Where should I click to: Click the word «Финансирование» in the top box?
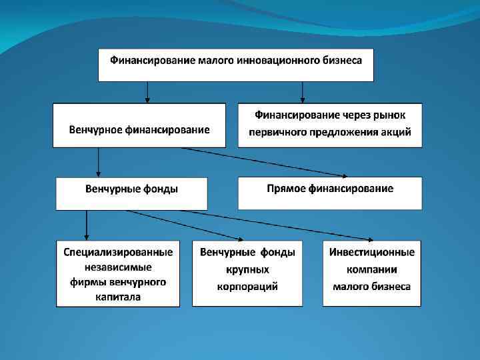coord(152,61)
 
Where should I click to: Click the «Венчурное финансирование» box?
coord(139,129)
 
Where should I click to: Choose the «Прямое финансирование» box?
coord(330,189)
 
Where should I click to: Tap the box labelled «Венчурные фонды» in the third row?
coord(131,189)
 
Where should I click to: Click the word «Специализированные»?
coord(118,252)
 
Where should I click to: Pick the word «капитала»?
coord(118,297)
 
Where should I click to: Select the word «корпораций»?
coord(247,287)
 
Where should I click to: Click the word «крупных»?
coord(247,270)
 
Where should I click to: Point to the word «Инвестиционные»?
coord(372,252)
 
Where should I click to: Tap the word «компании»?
coord(372,270)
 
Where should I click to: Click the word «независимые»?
coord(118,267)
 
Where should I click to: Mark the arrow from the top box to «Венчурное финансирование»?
coord(148,91)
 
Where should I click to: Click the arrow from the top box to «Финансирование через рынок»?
coord(303,91)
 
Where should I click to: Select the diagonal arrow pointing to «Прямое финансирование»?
coord(267,162)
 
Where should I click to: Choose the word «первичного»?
coord(277,132)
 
